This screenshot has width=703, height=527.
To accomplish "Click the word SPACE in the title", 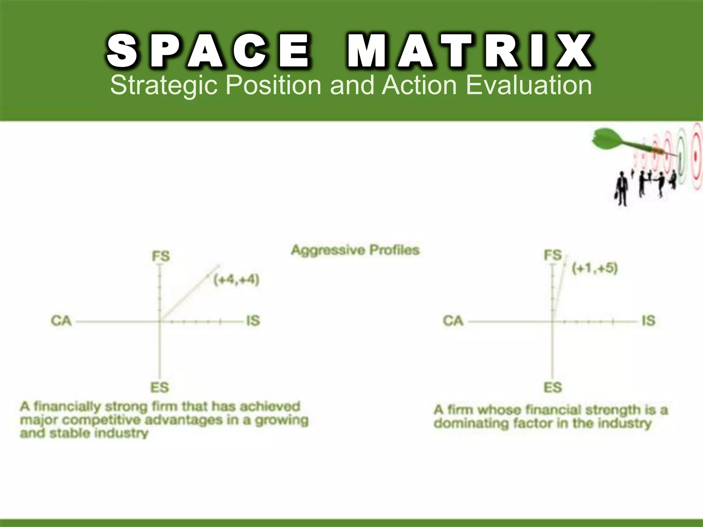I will pos(208,51).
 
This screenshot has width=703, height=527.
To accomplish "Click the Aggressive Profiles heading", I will pos(355,250).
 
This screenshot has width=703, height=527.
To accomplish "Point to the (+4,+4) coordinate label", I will pos(236,280).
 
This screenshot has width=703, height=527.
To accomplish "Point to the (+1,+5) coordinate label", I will pos(595,268).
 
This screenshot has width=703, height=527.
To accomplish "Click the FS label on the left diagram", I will pos(161,256).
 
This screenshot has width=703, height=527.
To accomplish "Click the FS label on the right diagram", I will pos(553,255).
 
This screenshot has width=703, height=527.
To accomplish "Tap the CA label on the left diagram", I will pos(61,321).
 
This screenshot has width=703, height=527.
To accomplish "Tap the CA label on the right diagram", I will pos(453,321).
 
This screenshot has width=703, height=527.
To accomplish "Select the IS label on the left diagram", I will pos(253,321).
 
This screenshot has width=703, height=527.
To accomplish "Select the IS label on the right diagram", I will pos(648,321).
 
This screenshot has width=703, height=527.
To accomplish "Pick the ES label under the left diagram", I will pos(160,387).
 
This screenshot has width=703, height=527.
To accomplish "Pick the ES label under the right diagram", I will pos(553,387).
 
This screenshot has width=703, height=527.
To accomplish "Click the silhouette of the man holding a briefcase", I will pos(621,190).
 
